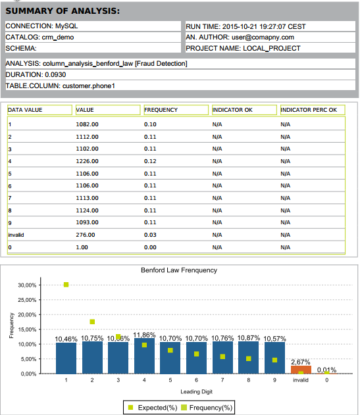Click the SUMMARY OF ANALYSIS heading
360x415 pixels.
pos(63,11)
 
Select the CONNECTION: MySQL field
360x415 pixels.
pos(38,26)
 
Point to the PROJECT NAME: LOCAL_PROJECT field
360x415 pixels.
pos(243,48)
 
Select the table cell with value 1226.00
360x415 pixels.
pos(88,160)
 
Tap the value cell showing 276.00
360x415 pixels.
pos(86,235)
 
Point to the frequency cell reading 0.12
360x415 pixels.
pos(151,160)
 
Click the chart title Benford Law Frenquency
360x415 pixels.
pos(179,270)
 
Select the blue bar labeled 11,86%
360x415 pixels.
pos(144,356)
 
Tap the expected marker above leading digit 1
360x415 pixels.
pos(66,285)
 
